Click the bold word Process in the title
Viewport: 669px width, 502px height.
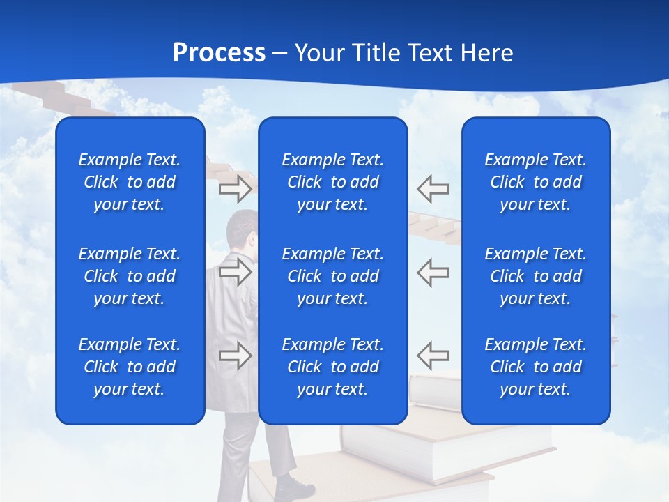pyautogui.click(x=219, y=53)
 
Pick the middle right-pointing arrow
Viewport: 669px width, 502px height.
pyautogui.click(x=235, y=271)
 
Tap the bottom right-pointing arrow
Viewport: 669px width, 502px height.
pyautogui.click(x=235, y=355)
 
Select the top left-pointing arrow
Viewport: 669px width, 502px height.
pyautogui.click(x=433, y=188)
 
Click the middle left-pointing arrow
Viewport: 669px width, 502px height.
pyautogui.click(x=433, y=271)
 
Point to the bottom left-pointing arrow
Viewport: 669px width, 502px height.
pyautogui.click(x=433, y=355)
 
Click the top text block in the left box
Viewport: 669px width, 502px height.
pyautogui.click(x=130, y=182)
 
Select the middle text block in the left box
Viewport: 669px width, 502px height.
pyautogui.click(x=130, y=276)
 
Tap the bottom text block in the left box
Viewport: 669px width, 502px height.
pyautogui.click(x=130, y=367)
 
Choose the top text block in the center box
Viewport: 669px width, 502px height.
pyautogui.click(x=332, y=182)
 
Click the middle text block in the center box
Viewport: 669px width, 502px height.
pyautogui.click(x=332, y=276)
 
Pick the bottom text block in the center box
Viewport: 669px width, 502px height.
pyautogui.click(x=332, y=367)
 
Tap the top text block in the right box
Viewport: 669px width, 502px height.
pyautogui.click(x=536, y=182)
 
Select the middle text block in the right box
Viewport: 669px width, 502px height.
pyautogui.click(x=536, y=276)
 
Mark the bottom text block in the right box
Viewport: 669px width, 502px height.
pyautogui.click(x=536, y=367)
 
